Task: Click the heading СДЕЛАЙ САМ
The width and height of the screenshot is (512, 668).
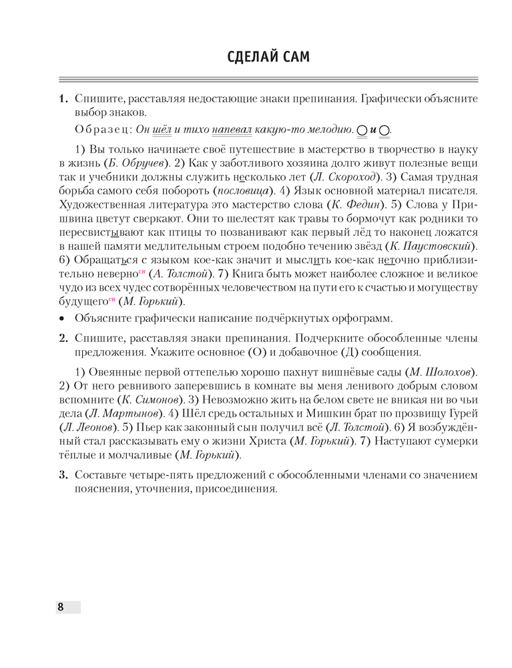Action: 256,57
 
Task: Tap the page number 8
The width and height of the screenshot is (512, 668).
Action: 60,607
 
